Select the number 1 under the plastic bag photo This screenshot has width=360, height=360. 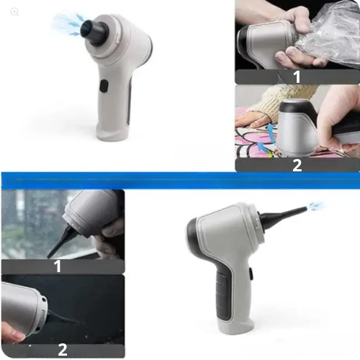click(297, 76)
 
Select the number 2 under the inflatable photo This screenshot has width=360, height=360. click(297, 164)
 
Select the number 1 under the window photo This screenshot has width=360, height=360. click(58, 266)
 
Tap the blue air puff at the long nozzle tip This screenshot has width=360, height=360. click(315, 207)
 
